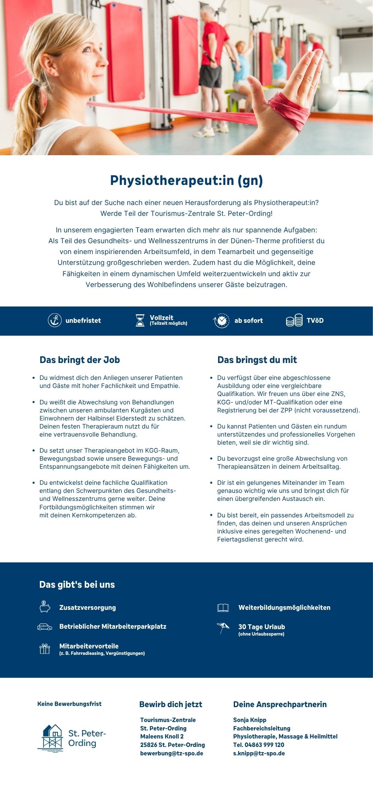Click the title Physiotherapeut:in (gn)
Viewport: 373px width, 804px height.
coord(186,180)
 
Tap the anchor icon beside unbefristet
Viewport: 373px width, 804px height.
coord(55,320)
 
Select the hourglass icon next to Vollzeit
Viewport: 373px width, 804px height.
coord(140,320)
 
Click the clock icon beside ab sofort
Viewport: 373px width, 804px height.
coord(221,320)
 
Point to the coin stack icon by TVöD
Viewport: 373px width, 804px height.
coord(294,320)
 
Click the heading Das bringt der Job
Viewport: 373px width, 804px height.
coord(80,360)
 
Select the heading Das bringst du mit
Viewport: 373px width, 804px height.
coord(257,360)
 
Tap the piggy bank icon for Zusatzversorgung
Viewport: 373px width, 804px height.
coord(45,607)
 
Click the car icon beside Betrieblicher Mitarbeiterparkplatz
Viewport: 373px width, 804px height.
coord(45,627)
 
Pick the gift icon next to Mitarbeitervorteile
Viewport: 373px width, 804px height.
coord(45,648)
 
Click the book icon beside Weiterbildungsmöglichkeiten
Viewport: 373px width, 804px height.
coord(223,607)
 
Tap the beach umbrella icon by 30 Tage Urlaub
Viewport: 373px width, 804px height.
coord(223,628)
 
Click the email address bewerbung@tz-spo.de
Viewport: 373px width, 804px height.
coord(171,753)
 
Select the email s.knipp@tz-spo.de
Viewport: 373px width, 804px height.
coord(259,753)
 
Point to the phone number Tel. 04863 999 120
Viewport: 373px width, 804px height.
coord(258,745)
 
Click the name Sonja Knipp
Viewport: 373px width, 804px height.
coord(249,720)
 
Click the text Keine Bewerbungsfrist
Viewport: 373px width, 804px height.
coord(69,704)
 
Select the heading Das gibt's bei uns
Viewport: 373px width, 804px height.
coord(77,585)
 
